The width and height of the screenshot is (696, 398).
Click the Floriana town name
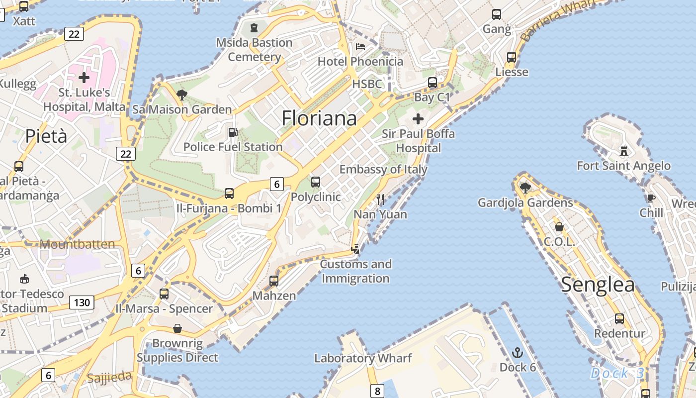coord(319,118)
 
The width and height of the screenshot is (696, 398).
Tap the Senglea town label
coord(598,285)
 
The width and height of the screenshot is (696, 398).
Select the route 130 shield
coord(82,302)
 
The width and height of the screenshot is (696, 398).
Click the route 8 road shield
coord(377,391)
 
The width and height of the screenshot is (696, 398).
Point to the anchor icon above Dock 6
coord(518,353)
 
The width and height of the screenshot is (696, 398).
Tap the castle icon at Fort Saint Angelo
coord(623,150)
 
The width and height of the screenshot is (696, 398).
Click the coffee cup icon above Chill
coord(651,198)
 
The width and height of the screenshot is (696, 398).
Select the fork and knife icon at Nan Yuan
coord(380,199)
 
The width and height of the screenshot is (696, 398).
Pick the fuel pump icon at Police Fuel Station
coord(232,132)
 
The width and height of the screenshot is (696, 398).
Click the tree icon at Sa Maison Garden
coord(182,95)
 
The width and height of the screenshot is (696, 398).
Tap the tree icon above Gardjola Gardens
coord(525,188)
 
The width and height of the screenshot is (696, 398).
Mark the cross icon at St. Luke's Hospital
coord(84,78)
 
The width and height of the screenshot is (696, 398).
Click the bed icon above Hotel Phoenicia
coord(360,47)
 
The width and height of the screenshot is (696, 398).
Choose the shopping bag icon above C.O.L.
coord(559,227)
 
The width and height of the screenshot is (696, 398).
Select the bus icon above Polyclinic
coord(315,182)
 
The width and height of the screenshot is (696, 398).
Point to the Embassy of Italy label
coord(383,169)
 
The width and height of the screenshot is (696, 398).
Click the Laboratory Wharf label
coord(363,358)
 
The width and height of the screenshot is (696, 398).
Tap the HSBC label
coord(367,84)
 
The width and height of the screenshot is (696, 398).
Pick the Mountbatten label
coord(77,244)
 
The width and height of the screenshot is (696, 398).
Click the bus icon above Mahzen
coord(273,281)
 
